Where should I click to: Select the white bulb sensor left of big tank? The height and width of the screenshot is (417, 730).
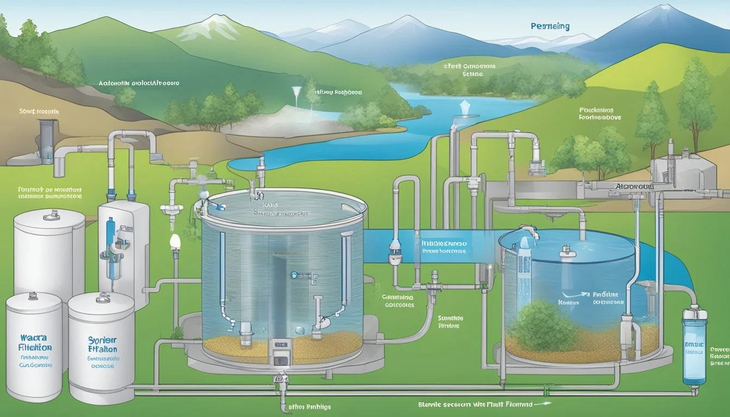pyautogui.click(x=174, y=241)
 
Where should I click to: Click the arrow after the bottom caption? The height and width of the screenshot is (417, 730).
pyautogui.click(x=542, y=403)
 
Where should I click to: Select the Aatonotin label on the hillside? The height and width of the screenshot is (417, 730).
pyautogui.click(x=139, y=84)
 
